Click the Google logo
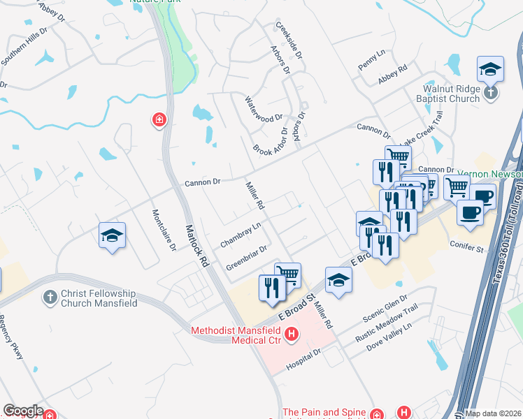pos(23,411)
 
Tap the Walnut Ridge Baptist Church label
pos(451,94)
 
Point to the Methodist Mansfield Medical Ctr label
pos(237,335)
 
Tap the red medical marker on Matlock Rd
pos(159,121)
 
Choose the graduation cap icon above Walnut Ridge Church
pos(490,70)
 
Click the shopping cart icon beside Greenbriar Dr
pos(287,274)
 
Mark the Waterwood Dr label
pos(264,109)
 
